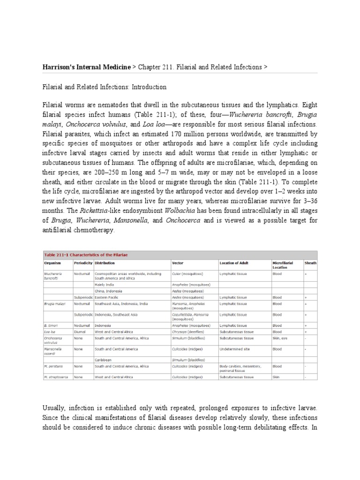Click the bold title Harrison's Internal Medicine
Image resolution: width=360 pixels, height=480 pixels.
click(87, 67)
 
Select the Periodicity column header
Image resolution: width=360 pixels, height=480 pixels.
click(83, 263)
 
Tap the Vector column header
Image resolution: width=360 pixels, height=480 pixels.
click(178, 263)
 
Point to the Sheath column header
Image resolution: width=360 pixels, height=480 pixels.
click(310, 263)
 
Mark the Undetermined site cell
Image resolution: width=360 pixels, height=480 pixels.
click(237, 349)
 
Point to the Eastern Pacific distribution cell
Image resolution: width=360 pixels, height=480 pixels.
click(108, 297)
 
